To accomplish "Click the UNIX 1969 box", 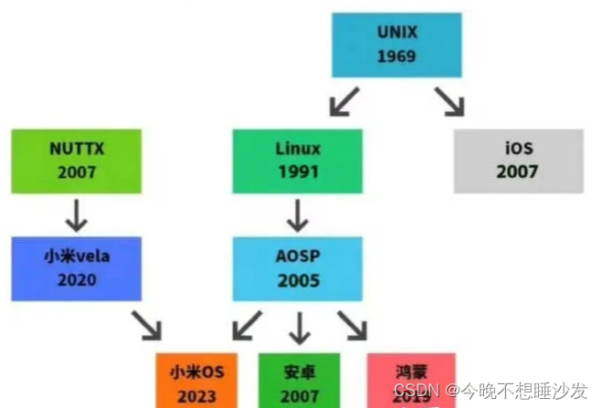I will (x=396, y=45).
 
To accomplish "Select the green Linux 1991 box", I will (x=298, y=160).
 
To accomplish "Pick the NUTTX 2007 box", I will (x=77, y=160).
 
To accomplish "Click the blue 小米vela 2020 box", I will (x=77, y=268).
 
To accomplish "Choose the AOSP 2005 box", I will (x=298, y=268).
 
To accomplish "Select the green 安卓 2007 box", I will (x=298, y=380).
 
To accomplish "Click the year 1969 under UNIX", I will (x=396, y=56).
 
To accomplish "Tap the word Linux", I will (x=298, y=147).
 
